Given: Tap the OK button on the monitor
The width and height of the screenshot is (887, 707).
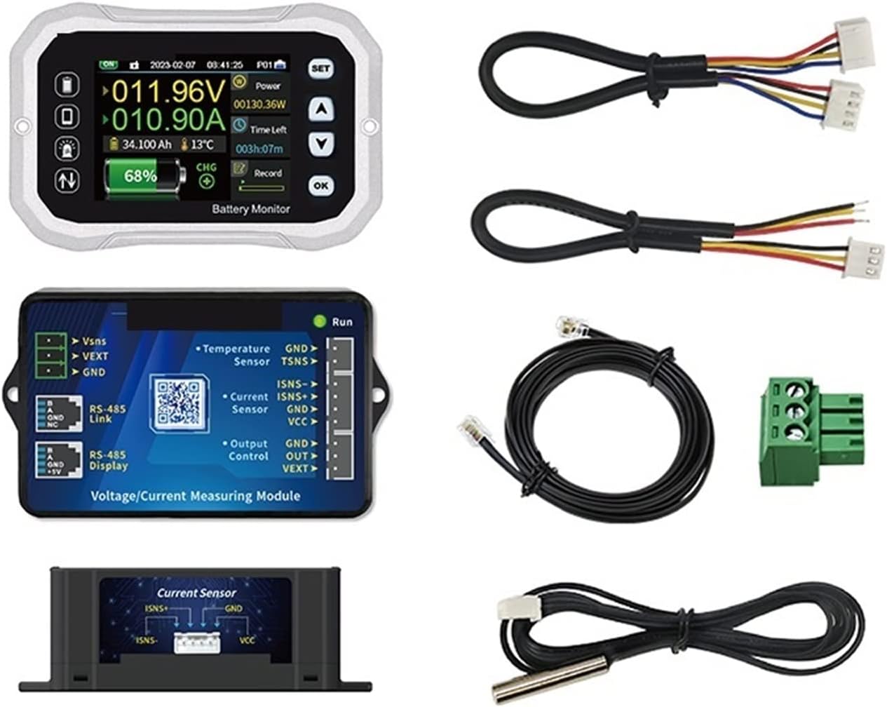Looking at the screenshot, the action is coord(321,185).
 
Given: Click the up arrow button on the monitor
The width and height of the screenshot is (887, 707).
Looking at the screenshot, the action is coord(321,109).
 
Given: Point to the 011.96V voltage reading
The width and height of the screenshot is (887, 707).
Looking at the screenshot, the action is coord(167,92).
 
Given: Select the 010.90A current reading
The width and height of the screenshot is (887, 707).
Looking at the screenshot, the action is coord(167,121).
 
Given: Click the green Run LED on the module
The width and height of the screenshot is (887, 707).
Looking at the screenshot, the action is coord(320,322).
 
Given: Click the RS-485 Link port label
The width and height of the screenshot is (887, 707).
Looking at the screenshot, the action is coord(105,415).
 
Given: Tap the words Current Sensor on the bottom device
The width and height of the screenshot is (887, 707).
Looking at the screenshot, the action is coord(196,593).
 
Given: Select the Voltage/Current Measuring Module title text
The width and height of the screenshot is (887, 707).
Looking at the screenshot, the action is coord(196,496).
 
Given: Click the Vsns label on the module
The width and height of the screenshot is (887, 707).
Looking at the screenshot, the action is coord(94,341).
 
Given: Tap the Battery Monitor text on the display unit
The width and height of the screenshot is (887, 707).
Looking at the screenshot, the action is coord(251,209).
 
